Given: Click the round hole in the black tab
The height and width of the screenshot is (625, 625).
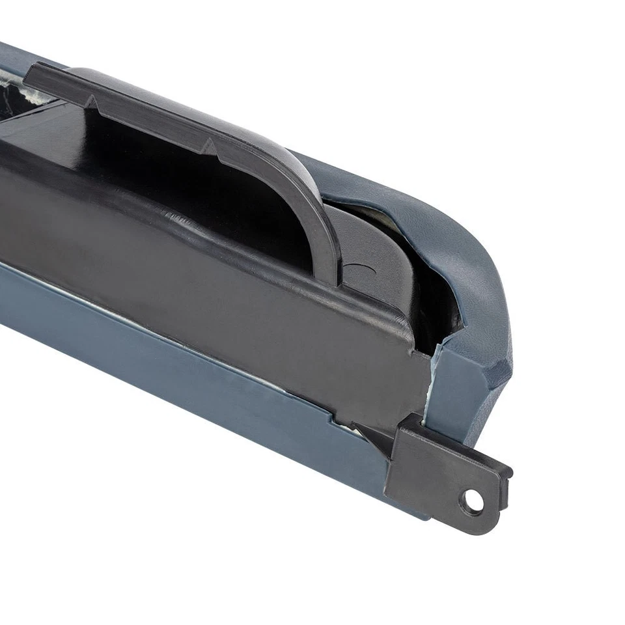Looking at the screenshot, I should (x=473, y=501).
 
